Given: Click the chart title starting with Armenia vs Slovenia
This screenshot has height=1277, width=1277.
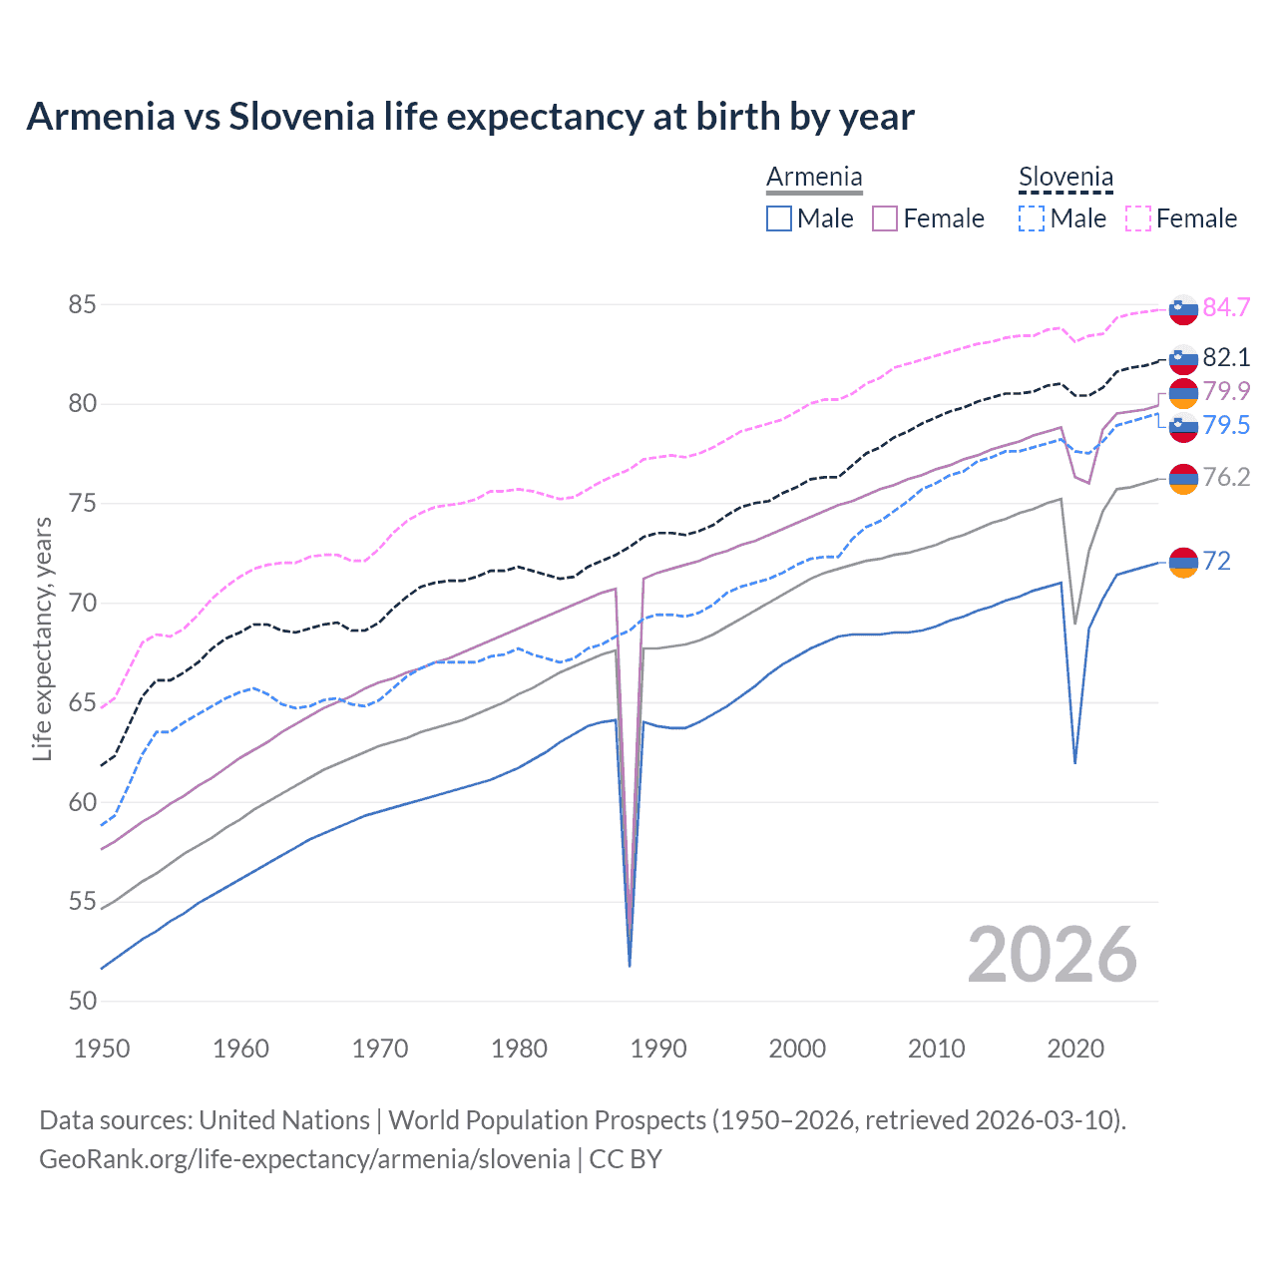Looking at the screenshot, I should [470, 117].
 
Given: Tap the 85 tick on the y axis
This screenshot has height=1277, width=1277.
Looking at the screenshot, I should [82, 304].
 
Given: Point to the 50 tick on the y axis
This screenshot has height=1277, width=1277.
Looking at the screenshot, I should [82, 1001].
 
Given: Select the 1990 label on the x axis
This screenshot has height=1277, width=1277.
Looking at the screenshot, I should [658, 1049].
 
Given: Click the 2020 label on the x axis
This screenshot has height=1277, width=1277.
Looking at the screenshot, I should [1075, 1049].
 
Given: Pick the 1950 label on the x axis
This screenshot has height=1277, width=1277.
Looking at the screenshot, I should [102, 1049].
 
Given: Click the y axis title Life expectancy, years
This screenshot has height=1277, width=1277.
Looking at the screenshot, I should [42, 638].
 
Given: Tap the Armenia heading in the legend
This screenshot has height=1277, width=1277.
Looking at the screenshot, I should [814, 178].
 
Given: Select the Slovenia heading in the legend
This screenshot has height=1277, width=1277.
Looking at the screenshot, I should [1065, 178].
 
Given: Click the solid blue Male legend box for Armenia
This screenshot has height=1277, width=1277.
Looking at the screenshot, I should [779, 218].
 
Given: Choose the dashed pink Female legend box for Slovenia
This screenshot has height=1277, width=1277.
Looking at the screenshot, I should [1138, 218].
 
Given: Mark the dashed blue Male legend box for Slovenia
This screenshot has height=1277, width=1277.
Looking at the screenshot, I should [1032, 218].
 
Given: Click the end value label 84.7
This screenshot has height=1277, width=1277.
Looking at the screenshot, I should [1226, 307].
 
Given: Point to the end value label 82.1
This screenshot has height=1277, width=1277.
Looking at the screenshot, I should [1226, 357].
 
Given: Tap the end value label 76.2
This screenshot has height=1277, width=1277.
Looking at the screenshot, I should [1226, 477].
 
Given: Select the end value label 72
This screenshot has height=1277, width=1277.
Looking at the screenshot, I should [1217, 561].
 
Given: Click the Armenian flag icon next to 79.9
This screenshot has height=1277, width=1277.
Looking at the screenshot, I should [1183, 393].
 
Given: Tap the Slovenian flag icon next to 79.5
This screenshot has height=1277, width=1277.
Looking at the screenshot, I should [1183, 427].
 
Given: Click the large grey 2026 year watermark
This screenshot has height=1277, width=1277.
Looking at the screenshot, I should [1053, 955].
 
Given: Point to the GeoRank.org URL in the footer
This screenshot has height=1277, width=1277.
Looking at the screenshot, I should [304, 1159].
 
